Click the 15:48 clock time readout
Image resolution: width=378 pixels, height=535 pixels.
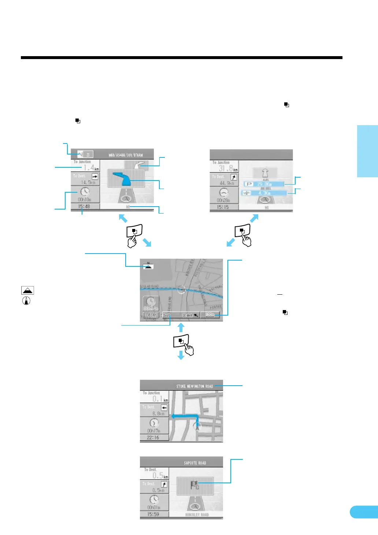84,207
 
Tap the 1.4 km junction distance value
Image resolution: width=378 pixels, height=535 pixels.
89,168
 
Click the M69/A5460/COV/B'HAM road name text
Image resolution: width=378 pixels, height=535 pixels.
126,155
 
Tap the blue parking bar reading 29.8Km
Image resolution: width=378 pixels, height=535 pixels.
264,184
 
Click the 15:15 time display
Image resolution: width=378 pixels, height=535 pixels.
223,207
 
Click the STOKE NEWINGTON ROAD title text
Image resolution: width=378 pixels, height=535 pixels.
194,386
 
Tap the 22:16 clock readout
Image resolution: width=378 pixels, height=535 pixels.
153,438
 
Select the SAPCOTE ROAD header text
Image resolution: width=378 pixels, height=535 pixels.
195,463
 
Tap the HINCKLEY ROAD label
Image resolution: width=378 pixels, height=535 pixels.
197,515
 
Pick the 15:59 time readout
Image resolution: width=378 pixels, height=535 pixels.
153,514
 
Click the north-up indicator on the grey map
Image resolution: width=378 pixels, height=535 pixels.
148,265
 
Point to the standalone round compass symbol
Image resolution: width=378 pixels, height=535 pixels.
26,301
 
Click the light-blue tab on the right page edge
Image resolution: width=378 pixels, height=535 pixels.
367,151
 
